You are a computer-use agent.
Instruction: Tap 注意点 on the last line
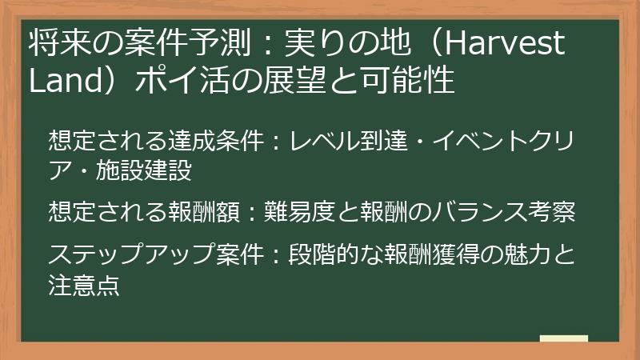[84, 286]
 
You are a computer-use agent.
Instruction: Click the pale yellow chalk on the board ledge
[563, 338]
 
